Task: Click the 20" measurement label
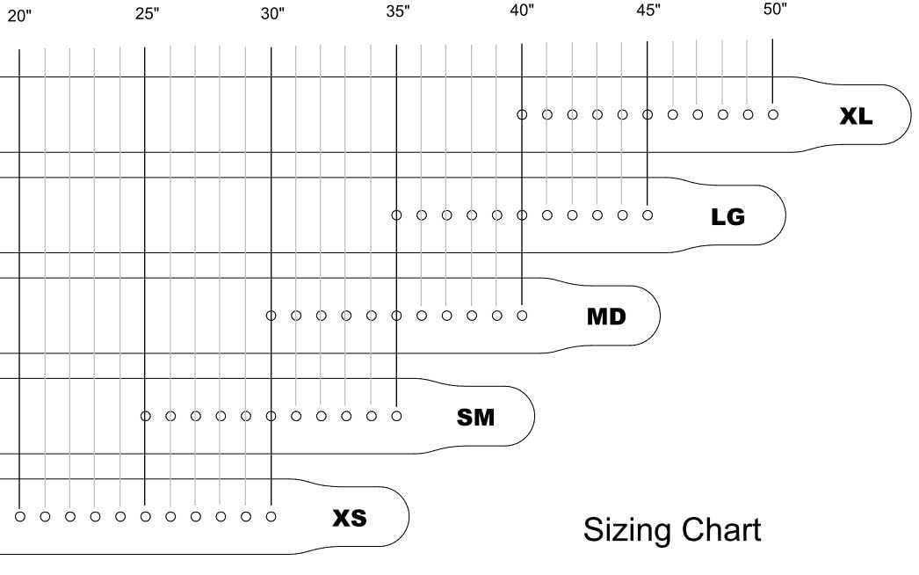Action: (19, 15)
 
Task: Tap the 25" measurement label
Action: (147, 13)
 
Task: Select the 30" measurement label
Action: (272, 13)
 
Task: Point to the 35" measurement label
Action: (398, 11)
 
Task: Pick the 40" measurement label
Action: (522, 10)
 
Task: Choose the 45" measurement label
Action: (648, 10)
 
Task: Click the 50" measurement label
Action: (775, 9)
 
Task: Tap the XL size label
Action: (856, 116)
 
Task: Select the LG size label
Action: (728, 217)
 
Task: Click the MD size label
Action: (606, 317)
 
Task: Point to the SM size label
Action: (475, 418)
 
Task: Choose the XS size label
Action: (350, 518)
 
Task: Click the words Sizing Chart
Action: (671, 530)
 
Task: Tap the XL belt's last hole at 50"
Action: (773, 115)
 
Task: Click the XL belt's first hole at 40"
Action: (522, 115)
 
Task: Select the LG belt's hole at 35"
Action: (396, 215)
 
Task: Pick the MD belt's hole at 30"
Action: (271, 316)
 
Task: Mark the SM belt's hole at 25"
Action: (145, 416)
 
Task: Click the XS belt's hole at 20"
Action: (20, 517)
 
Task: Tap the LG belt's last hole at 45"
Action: (647, 215)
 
